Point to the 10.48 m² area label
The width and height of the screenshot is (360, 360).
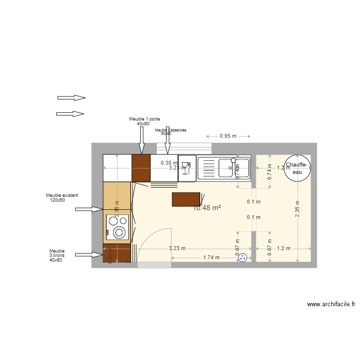tap(206, 208)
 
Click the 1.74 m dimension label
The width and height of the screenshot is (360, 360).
tap(211, 257)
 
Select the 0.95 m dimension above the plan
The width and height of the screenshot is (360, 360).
tap(228, 136)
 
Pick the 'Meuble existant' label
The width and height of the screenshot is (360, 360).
tap(62, 195)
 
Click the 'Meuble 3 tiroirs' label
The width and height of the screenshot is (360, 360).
tap(57, 255)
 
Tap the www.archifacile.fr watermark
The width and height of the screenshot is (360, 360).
tap(331, 304)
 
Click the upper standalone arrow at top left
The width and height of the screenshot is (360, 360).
tap(72, 97)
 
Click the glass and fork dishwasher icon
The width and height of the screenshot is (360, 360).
tap(187, 168)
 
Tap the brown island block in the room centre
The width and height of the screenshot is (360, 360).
tap(186, 199)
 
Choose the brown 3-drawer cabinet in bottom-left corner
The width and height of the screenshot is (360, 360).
tap(117, 253)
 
